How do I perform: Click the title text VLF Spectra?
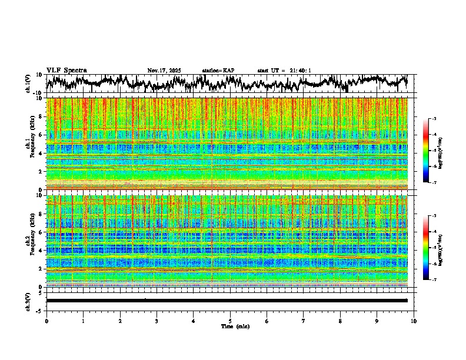click(x=66, y=70)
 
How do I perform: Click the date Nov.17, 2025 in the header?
click(x=164, y=71)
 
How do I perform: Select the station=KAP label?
click(x=218, y=71)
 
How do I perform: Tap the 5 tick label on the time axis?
click(x=231, y=321)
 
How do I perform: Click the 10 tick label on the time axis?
click(x=414, y=321)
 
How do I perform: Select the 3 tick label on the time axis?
click(x=157, y=321)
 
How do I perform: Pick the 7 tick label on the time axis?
click(x=304, y=321)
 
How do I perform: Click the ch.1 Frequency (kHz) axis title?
click(x=29, y=144)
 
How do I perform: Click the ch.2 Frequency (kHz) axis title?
click(x=29, y=241)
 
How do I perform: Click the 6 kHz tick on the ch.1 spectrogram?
click(x=41, y=135)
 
